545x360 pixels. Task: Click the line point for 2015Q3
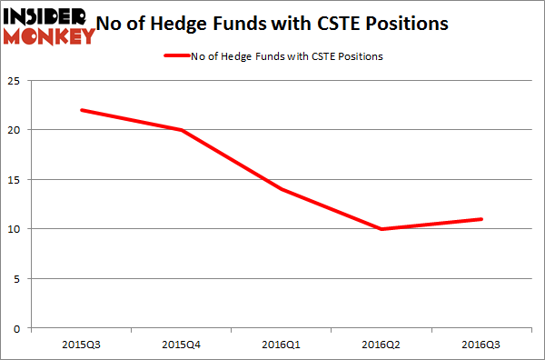point(82,110)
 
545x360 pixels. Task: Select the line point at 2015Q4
point(182,130)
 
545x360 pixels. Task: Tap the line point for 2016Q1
point(282,189)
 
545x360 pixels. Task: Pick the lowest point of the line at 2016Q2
point(382,229)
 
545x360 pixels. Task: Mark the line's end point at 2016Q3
point(482,219)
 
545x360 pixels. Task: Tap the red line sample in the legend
point(176,56)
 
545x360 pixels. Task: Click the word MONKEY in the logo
point(49,36)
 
